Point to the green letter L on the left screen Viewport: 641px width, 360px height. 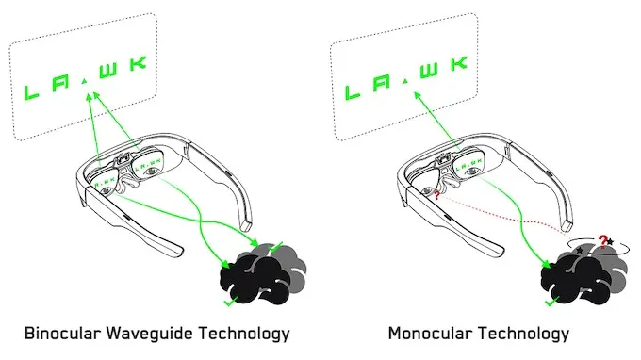pos(32,91)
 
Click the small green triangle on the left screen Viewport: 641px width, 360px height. pos(86,84)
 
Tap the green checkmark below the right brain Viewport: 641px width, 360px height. pos(552,303)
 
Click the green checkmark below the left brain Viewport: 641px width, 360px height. pos(228,303)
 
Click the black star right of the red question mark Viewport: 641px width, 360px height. pos(611,243)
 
